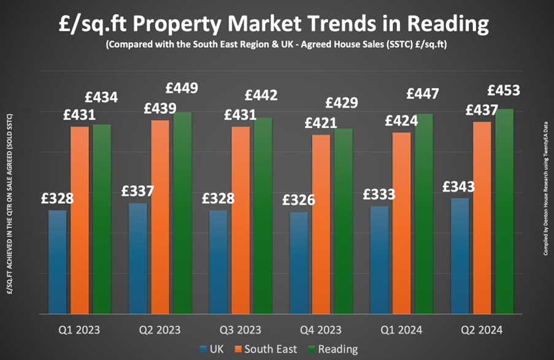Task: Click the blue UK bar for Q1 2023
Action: click(57, 262)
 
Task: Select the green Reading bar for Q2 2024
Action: click(504, 212)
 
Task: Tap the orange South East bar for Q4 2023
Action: click(321, 224)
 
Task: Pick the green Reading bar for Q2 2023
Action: click(182, 213)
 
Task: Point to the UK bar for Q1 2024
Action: click(380, 260)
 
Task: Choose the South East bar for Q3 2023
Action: click(240, 220)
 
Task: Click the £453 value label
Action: click(504, 91)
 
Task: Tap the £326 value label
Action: click(298, 200)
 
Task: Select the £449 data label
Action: click(182, 88)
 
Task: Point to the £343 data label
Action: click(460, 186)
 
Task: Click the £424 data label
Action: click(402, 121)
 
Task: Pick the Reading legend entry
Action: click(333, 349)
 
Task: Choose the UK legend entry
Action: click(212, 349)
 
